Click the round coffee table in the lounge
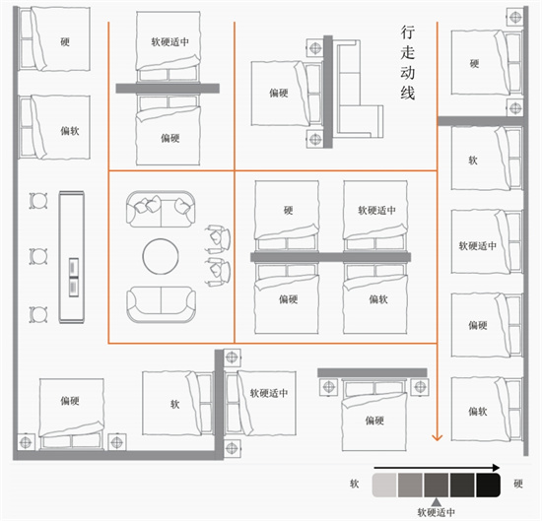click(161, 257)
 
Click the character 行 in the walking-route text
click(408, 33)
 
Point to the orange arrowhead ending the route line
click(438, 437)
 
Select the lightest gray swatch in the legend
click(384, 486)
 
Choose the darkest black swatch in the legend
click(488, 486)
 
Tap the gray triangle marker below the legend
click(437, 502)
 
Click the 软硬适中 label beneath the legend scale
click(437, 513)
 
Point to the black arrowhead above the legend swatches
click(497, 468)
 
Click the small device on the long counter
click(74, 277)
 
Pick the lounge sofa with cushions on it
click(161, 210)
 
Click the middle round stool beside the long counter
click(38, 256)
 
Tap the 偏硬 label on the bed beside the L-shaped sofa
click(279, 93)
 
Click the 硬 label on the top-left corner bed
click(65, 42)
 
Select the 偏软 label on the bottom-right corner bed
click(478, 411)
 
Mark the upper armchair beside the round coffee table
click(218, 237)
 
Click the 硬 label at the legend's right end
click(517, 484)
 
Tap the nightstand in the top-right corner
click(515, 17)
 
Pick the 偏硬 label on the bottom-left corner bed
click(70, 401)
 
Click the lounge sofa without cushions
click(161, 304)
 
